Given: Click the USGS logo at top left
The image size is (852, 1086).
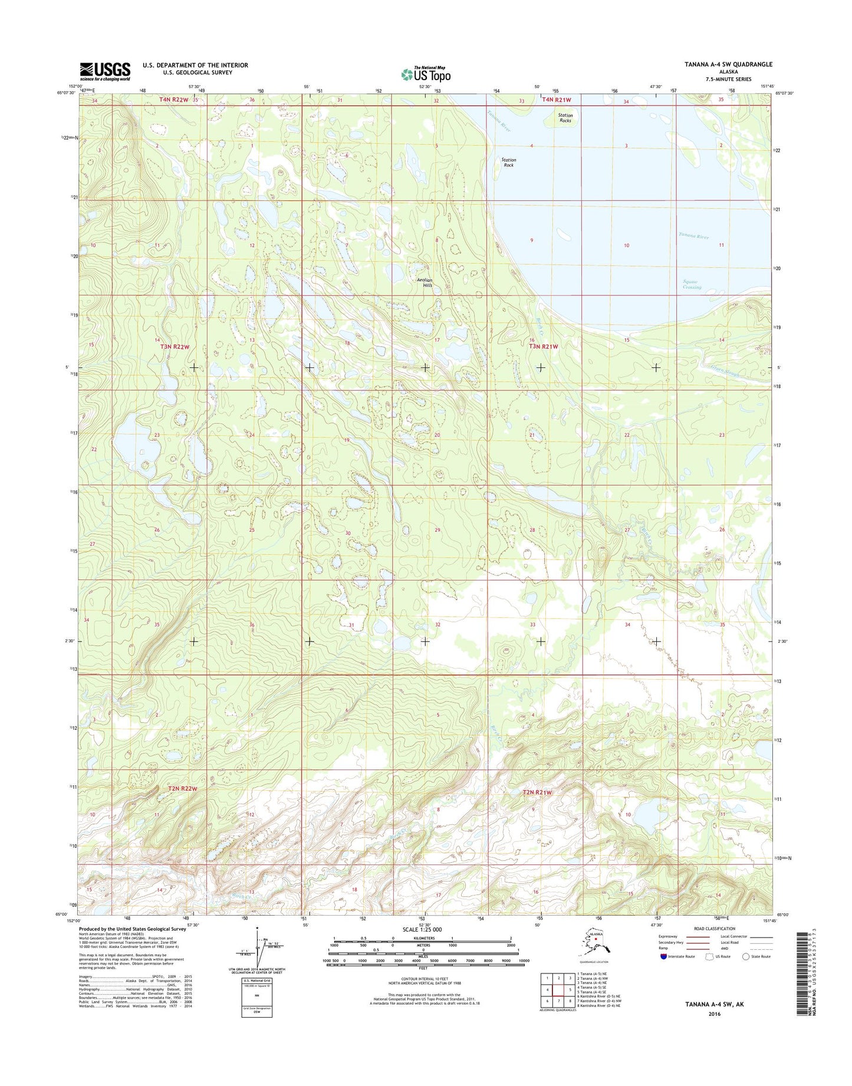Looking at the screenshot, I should click(x=105, y=71).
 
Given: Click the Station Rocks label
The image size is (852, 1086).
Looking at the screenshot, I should click(x=565, y=118).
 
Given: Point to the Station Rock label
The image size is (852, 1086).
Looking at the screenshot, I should click(x=508, y=162).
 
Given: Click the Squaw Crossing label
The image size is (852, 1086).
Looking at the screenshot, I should click(x=692, y=284).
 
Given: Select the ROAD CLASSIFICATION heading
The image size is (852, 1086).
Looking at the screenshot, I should click(x=715, y=929).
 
